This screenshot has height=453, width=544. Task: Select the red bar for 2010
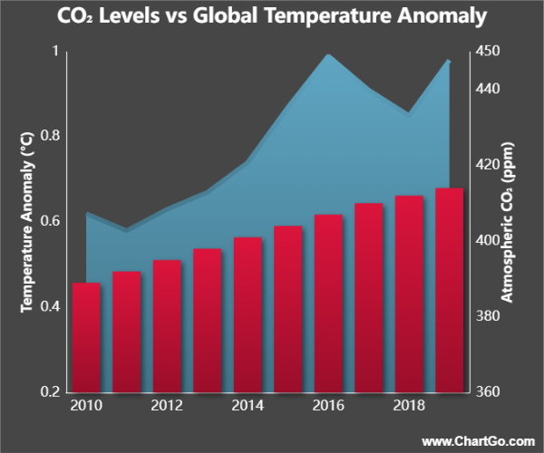click(x=87, y=337)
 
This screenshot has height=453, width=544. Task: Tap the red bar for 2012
click(x=168, y=326)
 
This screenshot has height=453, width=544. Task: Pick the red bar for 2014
click(x=248, y=314)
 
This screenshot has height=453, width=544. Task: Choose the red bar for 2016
click(x=328, y=304)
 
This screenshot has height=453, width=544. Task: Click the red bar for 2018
click(x=409, y=294)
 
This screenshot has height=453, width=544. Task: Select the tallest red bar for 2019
click(x=450, y=290)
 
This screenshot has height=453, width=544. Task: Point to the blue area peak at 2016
click(x=328, y=56)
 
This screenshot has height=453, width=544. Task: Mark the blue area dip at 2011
click(x=127, y=231)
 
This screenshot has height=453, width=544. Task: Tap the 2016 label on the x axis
click(x=328, y=405)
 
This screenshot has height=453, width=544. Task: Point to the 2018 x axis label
click(x=409, y=405)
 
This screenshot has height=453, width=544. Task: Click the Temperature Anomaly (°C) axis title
click(x=26, y=222)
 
